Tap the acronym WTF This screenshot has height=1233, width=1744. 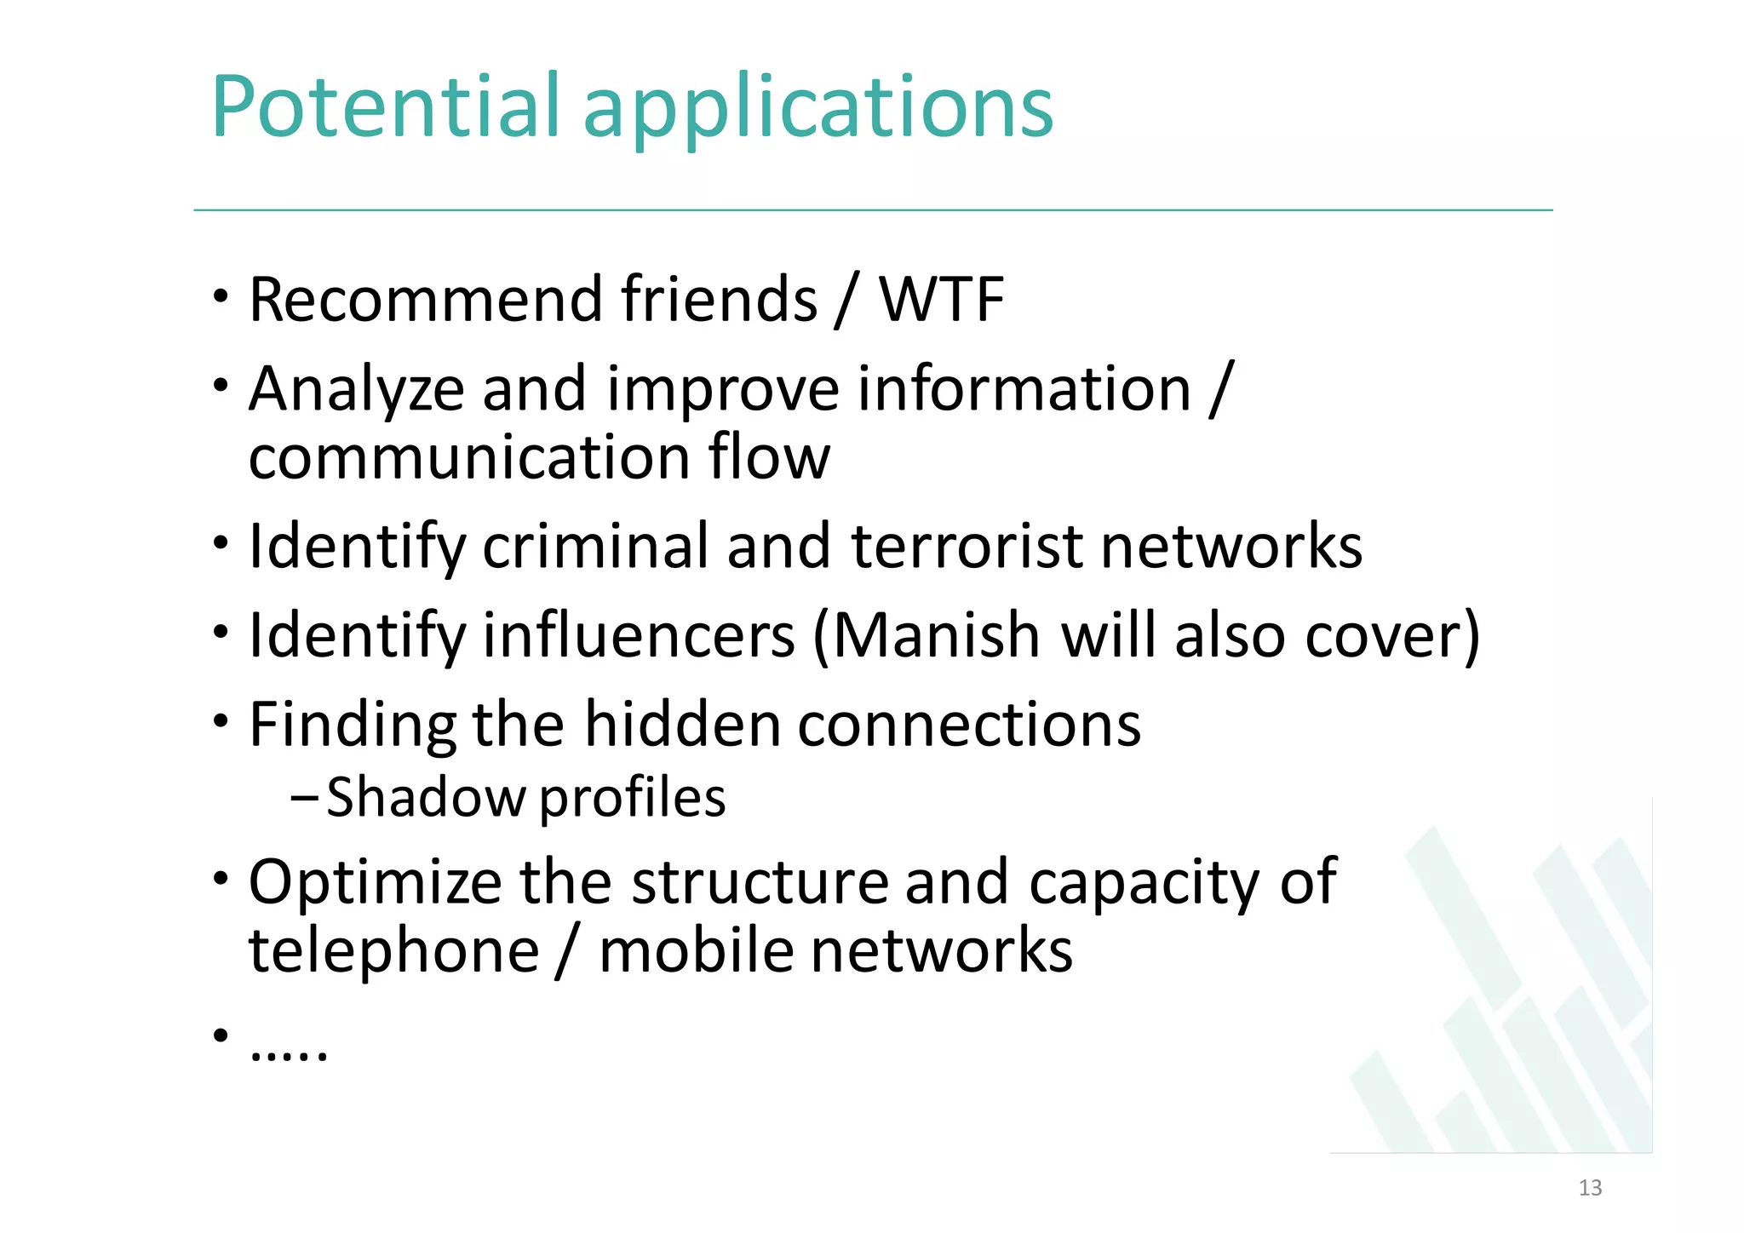tap(941, 300)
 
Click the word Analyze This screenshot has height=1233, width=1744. tap(356, 390)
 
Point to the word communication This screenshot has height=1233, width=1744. tap(468, 457)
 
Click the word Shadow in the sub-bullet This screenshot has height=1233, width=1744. tap(426, 798)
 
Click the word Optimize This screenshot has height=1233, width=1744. tap(375, 882)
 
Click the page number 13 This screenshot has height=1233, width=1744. tap(1590, 1188)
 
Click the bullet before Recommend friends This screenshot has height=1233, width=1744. tap(221, 297)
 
